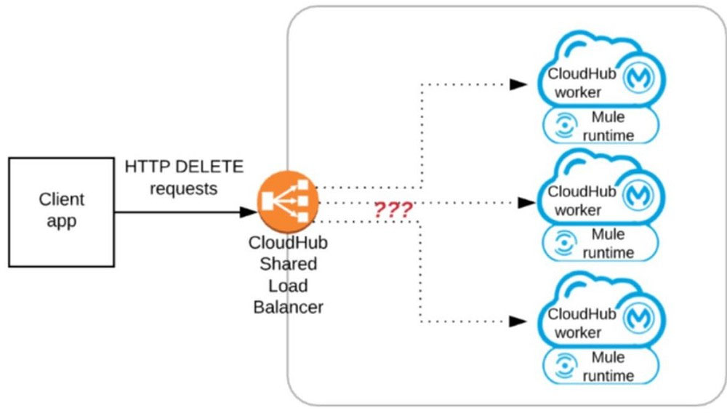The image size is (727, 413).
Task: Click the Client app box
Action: coord(62,212)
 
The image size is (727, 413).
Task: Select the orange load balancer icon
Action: coord(289,201)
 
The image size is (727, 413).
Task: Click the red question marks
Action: coord(393,209)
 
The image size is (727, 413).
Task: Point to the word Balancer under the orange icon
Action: coord(288,307)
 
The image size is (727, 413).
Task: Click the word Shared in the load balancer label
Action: coord(288,264)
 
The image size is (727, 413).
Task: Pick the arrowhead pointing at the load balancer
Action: coord(248,212)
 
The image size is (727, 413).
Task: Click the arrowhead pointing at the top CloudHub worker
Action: coord(518,84)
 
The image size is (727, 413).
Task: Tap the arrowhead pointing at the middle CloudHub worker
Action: coord(526,203)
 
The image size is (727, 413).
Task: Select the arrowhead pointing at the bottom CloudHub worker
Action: coord(518,321)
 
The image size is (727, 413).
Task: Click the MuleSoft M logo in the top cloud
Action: coord(639,77)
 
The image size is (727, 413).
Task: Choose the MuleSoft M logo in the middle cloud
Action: coord(639,195)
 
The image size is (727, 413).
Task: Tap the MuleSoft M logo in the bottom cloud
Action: coord(639,318)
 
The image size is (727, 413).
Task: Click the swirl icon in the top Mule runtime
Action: coord(564,125)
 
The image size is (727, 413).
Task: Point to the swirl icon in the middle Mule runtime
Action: coord(564,242)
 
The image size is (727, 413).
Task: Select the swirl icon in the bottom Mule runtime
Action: coord(564,365)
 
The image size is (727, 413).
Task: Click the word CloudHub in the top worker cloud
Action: coord(582,73)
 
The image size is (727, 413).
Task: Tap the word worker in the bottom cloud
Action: coord(578,332)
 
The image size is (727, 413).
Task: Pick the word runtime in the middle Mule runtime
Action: coord(608,252)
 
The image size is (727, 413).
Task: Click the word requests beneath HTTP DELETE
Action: coord(184,189)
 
